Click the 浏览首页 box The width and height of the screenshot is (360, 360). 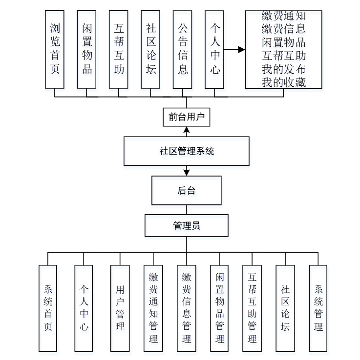(x=55, y=49)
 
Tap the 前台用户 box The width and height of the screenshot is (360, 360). (x=186, y=117)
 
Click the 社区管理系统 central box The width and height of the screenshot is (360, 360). (x=187, y=151)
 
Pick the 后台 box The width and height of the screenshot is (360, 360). (x=186, y=190)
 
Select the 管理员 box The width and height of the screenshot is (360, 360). (x=186, y=226)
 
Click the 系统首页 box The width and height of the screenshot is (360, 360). (x=48, y=308)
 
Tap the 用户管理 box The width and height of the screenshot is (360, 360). (x=120, y=308)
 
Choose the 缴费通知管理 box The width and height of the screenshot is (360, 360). (x=153, y=308)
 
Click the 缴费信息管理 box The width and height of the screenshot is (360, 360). (x=186, y=308)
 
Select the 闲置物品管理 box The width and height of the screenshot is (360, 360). (x=219, y=308)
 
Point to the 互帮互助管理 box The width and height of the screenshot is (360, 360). (x=252, y=308)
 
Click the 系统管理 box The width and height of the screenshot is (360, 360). (x=318, y=308)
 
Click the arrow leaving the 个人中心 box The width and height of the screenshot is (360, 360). (x=234, y=49)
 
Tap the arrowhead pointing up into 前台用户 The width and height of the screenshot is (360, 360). (x=186, y=130)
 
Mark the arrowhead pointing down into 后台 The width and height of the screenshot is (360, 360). (x=186, y=172)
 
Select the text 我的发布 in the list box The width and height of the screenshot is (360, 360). (x=283, y=69)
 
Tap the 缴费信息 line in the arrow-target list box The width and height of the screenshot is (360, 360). (x=283, y=28)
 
